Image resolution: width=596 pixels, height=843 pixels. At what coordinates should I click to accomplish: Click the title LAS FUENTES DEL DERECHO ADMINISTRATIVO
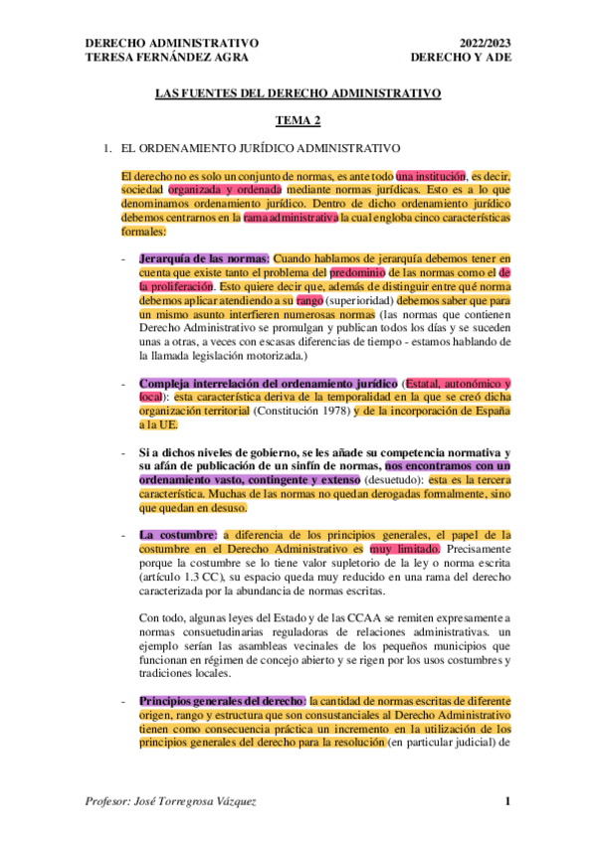pyautogui.click(x=298, y=94)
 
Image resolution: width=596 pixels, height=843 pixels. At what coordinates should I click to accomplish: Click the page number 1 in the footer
pyautogui.click(x=506, y=801)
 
